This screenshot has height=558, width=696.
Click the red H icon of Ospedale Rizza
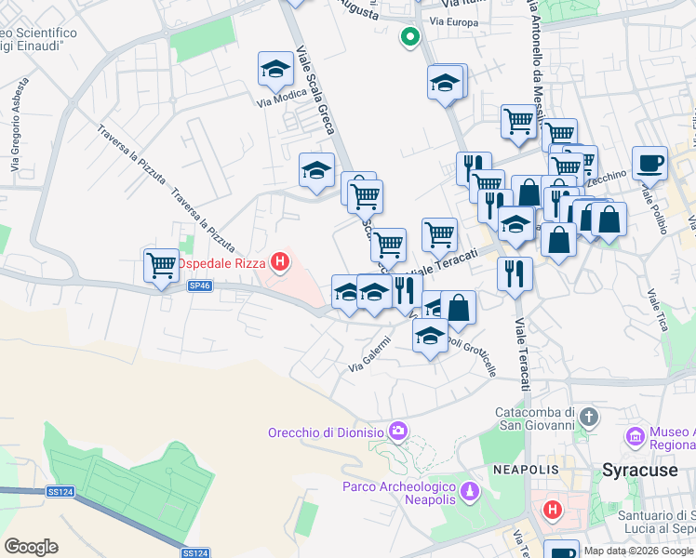click(279, 262)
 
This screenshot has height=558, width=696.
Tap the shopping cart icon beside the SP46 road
click(161, 265)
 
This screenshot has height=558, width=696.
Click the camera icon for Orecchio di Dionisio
click(398, 430)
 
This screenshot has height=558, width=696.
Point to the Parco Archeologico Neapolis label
click(398, 493)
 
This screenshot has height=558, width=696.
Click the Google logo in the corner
click(31, 546)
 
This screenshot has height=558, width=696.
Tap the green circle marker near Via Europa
click(408, 37)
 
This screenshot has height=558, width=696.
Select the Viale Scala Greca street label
click(318, 93)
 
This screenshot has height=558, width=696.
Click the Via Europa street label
click(451, 20)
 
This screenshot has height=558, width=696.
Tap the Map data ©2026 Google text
click(638, 551)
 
